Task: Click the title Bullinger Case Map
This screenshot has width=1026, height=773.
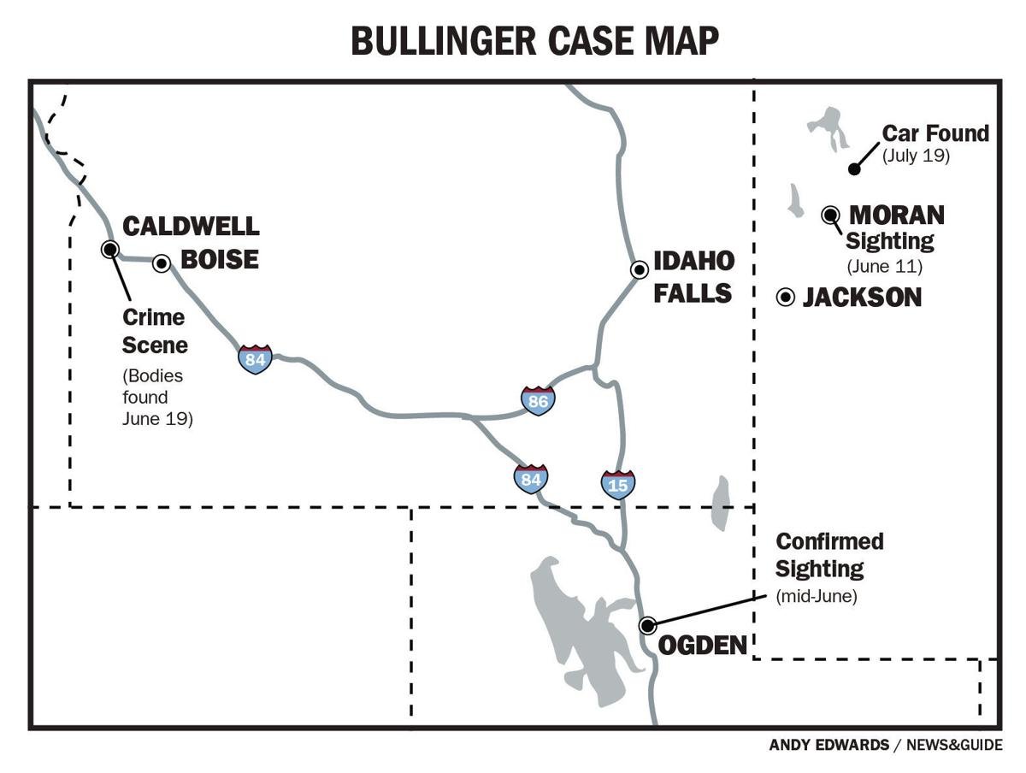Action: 534,40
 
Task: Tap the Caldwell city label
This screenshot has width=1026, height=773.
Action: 191,227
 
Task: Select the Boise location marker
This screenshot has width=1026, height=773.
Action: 162,263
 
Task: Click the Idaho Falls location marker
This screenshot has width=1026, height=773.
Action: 639,269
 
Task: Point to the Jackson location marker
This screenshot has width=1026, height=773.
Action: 785,297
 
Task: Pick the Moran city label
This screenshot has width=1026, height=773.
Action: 896,215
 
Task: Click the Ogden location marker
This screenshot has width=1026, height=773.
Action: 647,625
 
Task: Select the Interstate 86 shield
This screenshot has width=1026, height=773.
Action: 538,399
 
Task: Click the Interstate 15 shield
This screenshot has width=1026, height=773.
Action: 617,485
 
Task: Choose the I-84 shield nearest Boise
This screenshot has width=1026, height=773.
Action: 255,359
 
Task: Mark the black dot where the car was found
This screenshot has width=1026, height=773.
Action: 853,169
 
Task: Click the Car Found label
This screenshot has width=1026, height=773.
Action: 935,133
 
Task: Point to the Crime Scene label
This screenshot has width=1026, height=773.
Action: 154,330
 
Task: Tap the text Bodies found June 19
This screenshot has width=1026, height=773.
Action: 156,397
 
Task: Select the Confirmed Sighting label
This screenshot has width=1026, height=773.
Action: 828,554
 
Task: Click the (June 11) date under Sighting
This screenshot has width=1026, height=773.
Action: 884,267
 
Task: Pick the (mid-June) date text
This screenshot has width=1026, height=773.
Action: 816,595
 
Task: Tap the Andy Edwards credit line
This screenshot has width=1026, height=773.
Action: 885,745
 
